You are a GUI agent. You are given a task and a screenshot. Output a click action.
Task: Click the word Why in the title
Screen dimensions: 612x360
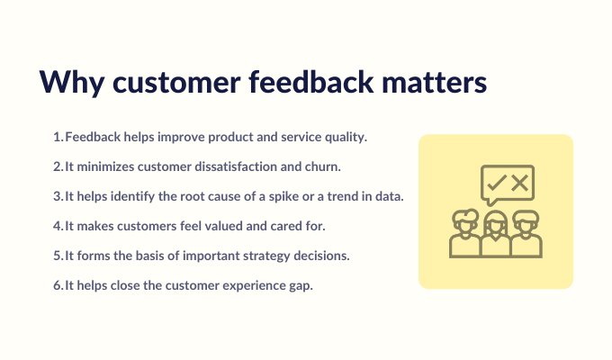(x=72, y=82)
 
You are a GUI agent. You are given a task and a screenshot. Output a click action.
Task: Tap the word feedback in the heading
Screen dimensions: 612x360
(x=311, y=81)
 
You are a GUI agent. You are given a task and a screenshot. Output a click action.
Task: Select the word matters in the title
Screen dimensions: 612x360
(x=434, y=82)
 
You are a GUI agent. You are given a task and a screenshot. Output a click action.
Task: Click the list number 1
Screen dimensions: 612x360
(x=58, y=137)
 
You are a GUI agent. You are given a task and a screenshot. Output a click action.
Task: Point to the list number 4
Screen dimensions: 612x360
(x=58, y=226)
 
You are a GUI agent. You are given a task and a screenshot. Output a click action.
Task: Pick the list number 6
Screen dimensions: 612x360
(x=58, y=285)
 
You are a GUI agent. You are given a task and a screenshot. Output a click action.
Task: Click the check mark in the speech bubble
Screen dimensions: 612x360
(x=497, y=183)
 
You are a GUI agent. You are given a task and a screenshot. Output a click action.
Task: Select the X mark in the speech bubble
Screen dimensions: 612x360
(x=520, y=183)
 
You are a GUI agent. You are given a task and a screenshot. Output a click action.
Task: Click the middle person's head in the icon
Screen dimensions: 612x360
(x=496, y=223)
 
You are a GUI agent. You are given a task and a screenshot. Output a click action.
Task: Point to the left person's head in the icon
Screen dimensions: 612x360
(x=465, y=221)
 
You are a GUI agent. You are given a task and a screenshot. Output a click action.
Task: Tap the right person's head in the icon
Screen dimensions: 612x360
(x=526, y=221)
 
